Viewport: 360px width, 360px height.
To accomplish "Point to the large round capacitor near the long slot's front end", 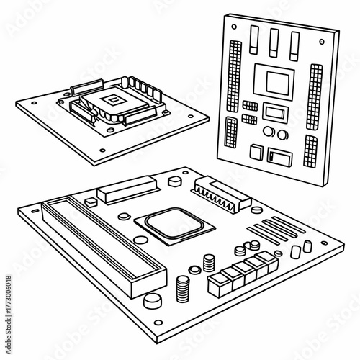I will (x=152, y=301).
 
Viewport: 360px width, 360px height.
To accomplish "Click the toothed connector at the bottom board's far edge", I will (x=215, y=191).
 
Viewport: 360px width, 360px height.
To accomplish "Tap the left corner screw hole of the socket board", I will (x=30, y=103).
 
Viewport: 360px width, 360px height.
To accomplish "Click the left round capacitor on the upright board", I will (x=266, y=132).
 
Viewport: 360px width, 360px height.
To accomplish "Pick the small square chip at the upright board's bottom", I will (x=253, y=151).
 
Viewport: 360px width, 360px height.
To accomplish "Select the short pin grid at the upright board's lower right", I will (x=311, y=150).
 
